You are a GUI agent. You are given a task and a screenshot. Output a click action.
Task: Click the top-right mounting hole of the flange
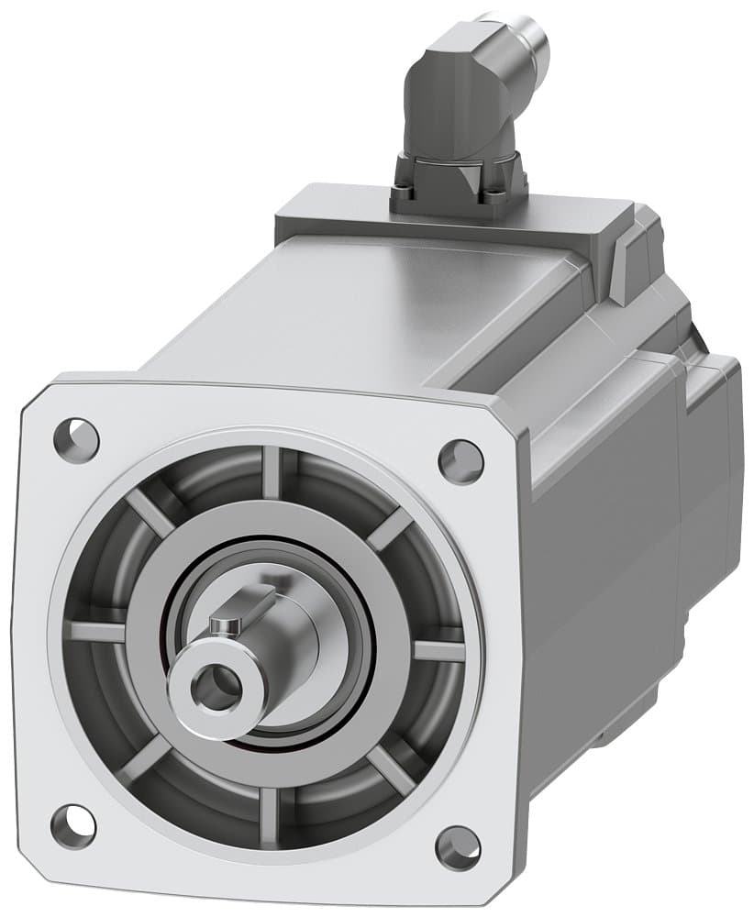point(460,460)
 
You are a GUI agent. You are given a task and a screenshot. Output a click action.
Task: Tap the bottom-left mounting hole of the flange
point(72,825)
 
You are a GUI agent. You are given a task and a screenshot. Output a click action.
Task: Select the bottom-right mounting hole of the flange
point(458,848)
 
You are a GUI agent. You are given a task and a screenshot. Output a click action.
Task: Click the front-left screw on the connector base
point(402,193)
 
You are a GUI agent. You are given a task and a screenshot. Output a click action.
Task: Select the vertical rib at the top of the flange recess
point(273,471)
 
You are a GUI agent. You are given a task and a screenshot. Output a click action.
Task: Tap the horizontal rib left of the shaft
point(97,632)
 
